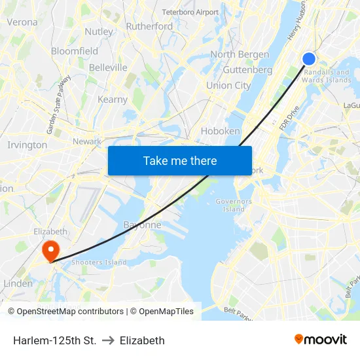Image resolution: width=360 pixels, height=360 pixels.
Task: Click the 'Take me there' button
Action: coord(180,160)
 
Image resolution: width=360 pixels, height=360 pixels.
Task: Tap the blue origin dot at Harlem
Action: coord(309,59)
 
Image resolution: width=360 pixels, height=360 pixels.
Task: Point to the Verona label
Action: coord(22,22)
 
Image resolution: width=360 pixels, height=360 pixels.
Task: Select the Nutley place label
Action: coord(99,31)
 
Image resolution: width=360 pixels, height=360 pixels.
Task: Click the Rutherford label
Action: coord(149,26)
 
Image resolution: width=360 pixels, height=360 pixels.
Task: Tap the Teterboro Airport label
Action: coord(190,12)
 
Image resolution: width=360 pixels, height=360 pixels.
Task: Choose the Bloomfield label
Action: coord(75,50)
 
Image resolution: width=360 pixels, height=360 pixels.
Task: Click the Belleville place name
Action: coord(108,67)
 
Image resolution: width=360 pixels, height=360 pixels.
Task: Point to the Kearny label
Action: coord(112,99)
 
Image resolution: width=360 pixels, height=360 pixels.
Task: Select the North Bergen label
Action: coord(240,54)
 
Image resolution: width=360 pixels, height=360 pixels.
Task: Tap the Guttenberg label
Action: coord(247,69)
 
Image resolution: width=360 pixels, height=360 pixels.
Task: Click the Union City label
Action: coord(228,85)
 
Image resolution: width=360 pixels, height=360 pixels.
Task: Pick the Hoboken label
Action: coord(220,131)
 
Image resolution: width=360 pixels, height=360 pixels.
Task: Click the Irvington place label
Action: coord(27,145)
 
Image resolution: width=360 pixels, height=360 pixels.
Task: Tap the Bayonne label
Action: coord(142,225)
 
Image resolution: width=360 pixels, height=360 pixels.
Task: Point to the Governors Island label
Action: coord(234,205)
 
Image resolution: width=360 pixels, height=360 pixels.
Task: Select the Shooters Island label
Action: coord(99,262)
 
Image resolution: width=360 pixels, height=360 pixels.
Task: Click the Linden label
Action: coord(18,283)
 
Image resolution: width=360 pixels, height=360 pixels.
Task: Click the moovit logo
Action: coord(321,339)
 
